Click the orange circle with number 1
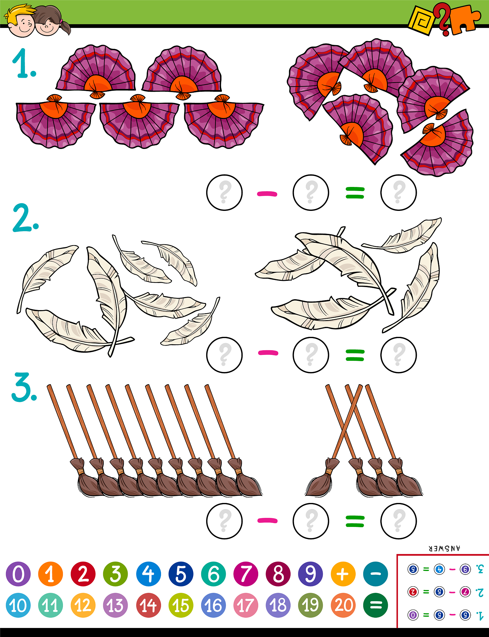(50, 574)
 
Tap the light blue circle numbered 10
(18, 605)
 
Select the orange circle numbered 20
(343, 605)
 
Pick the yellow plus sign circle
(343, 574)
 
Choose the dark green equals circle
(376, 605)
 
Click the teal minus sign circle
(376, 574)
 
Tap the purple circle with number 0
(18, 574)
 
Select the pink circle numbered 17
(246, 605)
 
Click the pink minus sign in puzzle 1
(267, 194)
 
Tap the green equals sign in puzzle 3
(355, 521)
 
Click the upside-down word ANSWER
(444, 549)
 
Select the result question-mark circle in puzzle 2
(398, 355)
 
